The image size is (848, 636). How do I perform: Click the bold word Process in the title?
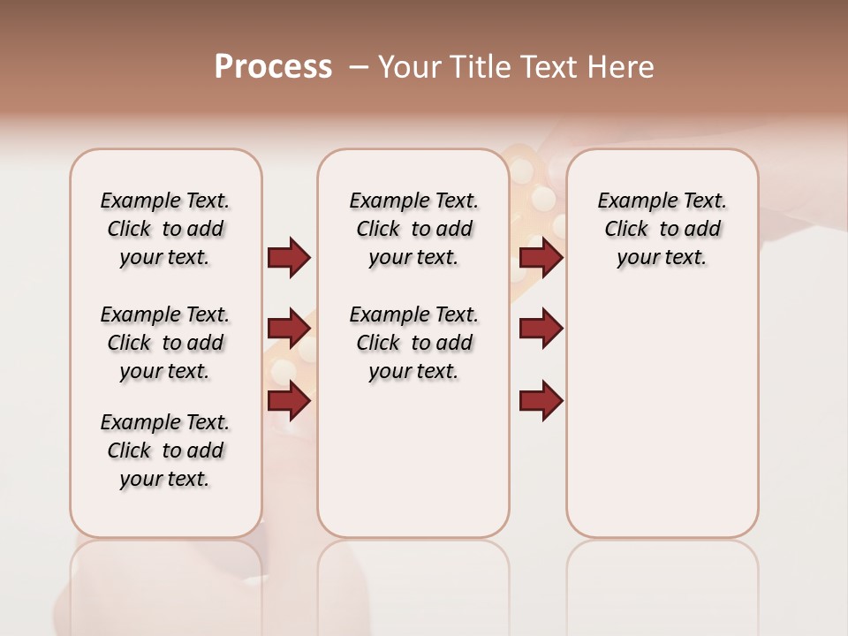(x=273, y=67)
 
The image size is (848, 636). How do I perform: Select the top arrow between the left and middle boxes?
(x=289, y=257)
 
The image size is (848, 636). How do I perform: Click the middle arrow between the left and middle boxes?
(x=289, y=329)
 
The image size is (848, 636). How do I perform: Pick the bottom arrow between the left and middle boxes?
(x=289, y=401)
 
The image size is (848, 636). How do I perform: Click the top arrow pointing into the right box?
(x=541, y=257)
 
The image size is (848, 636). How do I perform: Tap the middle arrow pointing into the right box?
(x=541, y=329)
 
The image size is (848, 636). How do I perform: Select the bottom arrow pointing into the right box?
(x=541, y=401)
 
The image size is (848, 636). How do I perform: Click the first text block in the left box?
(x=165, y=229)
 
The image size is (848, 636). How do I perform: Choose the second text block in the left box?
(x=165, y=343)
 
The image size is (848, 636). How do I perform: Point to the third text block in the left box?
(x=165, y=450)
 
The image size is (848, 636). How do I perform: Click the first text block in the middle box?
(x=413, y=229)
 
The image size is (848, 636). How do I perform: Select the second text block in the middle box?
(x=413, y=343)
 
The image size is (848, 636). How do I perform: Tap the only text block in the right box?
(x=662, y=229)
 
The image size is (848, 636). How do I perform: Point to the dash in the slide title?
(x=360, y=67)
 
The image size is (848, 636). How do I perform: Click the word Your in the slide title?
(x=409, y=67)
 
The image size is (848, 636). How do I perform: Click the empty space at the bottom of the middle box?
(x=413, y=468)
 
